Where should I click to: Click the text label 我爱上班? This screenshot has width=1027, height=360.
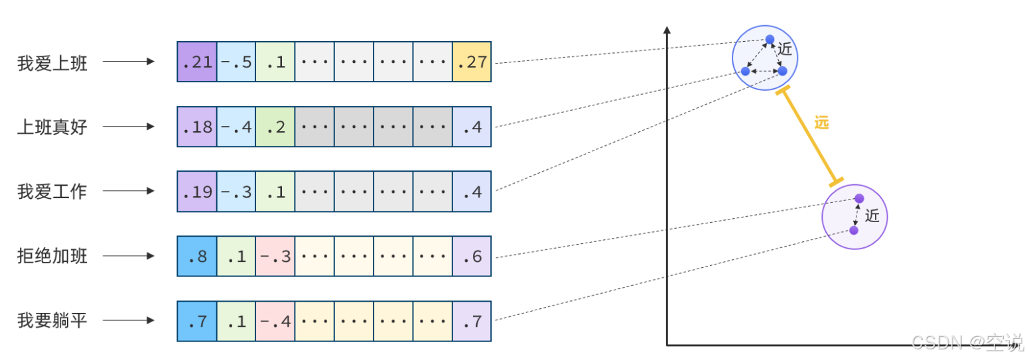pyautogui.click(x=52, y=64)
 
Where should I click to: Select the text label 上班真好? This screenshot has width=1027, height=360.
pyautogui.click(x=52, y=127)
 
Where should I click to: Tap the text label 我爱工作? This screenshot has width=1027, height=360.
pyautogui.click(x=52, y=192)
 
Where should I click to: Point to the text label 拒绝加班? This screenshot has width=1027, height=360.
pyautogui.click(x=52, y=257)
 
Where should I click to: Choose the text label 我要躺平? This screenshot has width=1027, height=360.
pyautogui.click(x=52, y=321)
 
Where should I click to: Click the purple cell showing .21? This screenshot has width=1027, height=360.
pyautogui.click(x=197, y=62)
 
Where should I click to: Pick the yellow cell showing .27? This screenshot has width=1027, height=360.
pyautogui.click(x=472, y=62)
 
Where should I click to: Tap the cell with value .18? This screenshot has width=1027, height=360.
pyautogui.click(x=197, y=127)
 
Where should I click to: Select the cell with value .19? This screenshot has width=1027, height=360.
pyautogui.click(x=197, y=192)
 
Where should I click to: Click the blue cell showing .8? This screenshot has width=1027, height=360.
pyautogui.click(x=197, y=257)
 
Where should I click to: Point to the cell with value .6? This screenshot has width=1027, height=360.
pyautogui.click(x=472, y=257)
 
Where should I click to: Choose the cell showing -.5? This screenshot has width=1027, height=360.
pyautogui.click(x=236, y=62)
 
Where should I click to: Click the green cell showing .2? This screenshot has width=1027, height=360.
pyautogui.click(x=275, y=127)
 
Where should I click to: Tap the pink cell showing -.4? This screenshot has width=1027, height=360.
pyautogui.click(x=275, y=321)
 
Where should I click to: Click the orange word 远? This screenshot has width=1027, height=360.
pyautogui.click(x=822, y=123)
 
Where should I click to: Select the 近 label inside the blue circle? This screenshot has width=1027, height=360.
pyautogui.click(x=786, y=49)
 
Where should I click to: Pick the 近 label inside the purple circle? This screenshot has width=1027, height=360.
pyautogui.click(x=872, y=216)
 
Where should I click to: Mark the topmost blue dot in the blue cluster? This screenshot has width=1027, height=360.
pyautogui.click(x=770, y=39)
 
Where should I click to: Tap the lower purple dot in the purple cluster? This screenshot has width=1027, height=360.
pyautogui.click(x=854, y=230)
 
